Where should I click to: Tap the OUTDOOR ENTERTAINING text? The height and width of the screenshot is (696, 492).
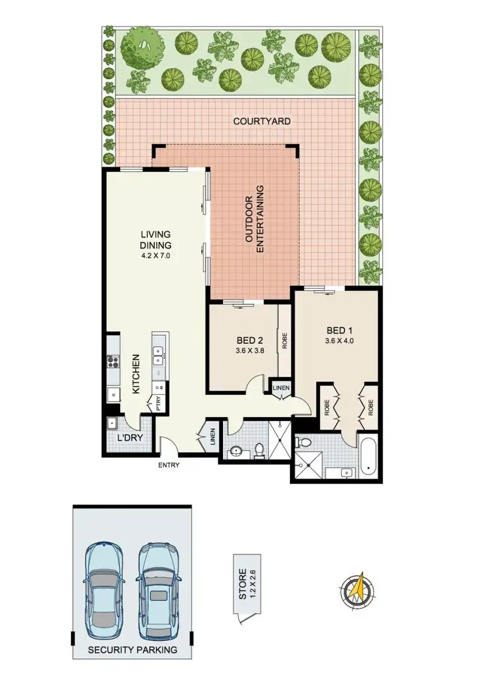(x=255, y=220)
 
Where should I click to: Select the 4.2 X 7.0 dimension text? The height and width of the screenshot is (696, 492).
(x=155, y=256)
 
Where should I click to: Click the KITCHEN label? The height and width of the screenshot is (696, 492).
(x=136, y=375)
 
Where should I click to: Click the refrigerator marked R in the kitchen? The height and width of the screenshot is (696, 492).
(x=113, y=395)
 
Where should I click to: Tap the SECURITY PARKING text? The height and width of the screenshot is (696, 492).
(x=133, y=650)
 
